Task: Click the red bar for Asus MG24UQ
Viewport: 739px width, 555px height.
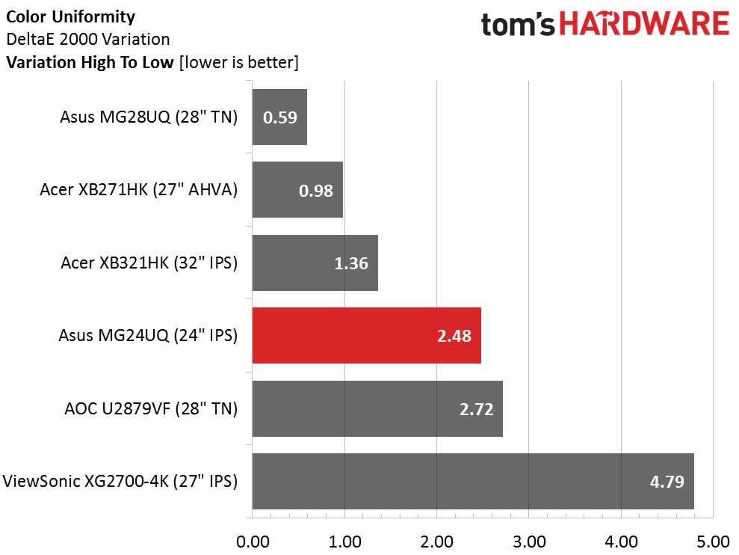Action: click(366, 336)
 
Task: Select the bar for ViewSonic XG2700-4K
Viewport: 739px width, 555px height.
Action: click(473, 481)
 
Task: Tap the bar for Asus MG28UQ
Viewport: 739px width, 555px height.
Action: click(279, 117)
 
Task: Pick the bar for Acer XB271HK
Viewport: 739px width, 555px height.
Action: click(297, 190)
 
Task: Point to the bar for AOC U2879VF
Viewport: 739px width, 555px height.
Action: click(377, 408)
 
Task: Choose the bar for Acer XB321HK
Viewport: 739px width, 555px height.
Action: click(315, 263)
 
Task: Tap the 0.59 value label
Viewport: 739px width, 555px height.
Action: click(279, 117)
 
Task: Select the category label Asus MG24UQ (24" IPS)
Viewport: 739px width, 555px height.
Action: click(148, 336)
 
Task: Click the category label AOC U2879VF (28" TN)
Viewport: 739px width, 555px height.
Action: click(151, 408)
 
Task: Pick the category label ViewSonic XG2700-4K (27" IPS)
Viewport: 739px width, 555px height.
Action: click(120, 481)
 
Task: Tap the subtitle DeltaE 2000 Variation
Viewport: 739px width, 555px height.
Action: click(87, 39)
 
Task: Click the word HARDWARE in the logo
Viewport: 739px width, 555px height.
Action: click(645, 25)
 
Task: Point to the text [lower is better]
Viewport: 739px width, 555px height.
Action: click(239, 63)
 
